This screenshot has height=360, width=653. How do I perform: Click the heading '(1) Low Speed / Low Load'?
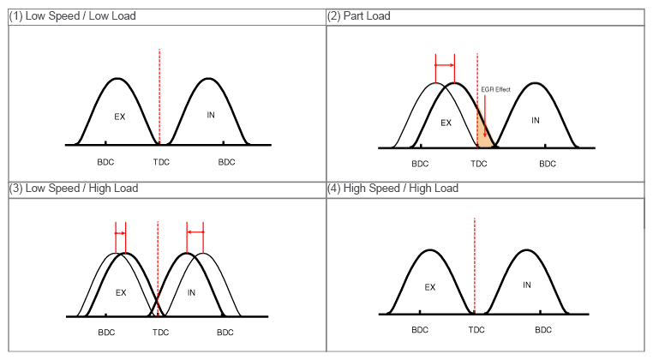point(72,16)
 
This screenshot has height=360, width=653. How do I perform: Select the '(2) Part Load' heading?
point(359,16)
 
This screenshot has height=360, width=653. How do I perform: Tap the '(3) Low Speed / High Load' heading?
point(73,188)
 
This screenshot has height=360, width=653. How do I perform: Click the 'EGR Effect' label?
point(495,88)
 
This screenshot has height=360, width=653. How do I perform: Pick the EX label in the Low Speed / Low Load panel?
point(120,117)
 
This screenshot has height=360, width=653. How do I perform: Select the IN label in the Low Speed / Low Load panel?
point(211,114)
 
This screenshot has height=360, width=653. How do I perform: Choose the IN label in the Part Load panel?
point(536,120)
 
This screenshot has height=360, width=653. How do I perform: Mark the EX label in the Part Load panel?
point(446,123)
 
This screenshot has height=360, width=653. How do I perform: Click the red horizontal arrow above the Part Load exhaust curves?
point(445,65)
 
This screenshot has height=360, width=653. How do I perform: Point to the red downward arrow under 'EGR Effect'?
point(485,116)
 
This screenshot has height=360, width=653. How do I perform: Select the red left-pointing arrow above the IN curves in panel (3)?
point(195,232)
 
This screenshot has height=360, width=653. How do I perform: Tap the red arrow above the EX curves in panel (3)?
point(120,232)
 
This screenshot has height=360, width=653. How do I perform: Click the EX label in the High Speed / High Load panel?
point(430,287)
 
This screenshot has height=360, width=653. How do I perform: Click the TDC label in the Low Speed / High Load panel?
point(160,332)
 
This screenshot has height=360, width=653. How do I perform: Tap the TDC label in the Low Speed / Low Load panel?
point(160,161)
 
